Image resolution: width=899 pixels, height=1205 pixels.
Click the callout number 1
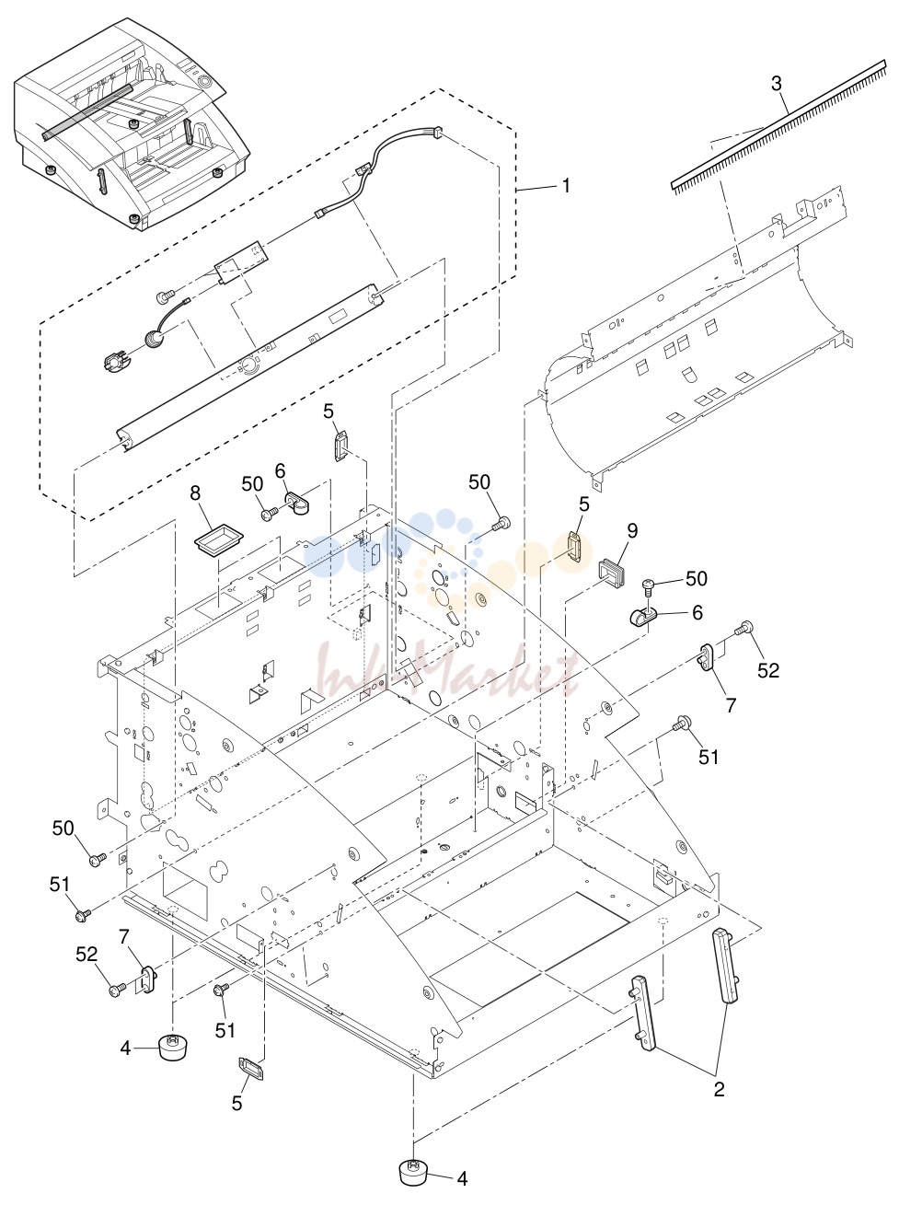567,186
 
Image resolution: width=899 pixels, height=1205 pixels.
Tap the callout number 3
777,84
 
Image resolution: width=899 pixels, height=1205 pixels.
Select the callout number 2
719,1089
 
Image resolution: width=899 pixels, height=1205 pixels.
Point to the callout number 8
195,493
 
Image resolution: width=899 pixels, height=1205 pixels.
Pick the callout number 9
632,530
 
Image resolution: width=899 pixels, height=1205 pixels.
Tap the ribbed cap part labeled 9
612,573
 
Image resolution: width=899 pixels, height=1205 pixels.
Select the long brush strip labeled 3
778,126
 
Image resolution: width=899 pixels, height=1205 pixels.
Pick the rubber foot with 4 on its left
173,1048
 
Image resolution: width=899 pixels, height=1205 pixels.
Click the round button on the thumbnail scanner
206,81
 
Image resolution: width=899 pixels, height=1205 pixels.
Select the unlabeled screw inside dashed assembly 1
164,297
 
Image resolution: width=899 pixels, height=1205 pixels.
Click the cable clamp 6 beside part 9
643,618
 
